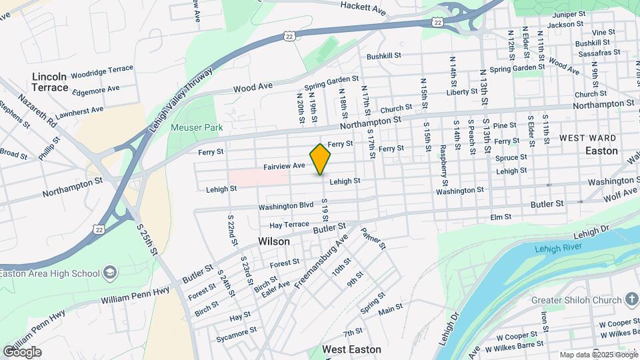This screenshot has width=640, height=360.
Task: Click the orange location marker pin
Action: coord(321,159)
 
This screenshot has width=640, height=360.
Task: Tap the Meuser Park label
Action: coord(196,127)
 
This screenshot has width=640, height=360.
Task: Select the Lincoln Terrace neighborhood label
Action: coord(50,82)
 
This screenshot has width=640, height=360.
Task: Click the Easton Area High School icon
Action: coord(111,273)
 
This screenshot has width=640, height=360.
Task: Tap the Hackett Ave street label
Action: coord(363,9)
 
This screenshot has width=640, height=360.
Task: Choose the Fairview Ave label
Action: coord(284,165)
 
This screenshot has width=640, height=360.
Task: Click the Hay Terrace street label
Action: coord(289,225)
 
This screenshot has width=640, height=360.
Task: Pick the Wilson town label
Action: coord(274,241)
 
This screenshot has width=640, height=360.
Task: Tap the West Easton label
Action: coord(351,349)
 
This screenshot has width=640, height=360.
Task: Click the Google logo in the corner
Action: coord(22,351)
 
